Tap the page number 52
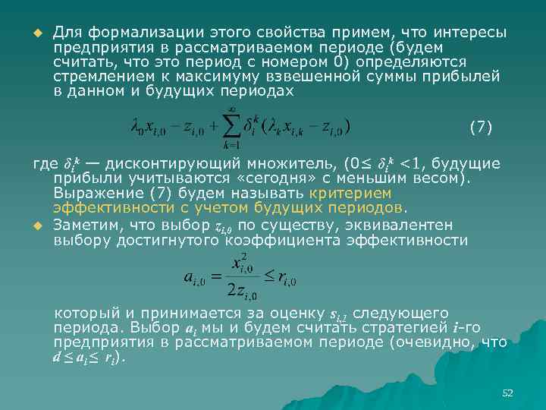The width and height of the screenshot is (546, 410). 507,393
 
